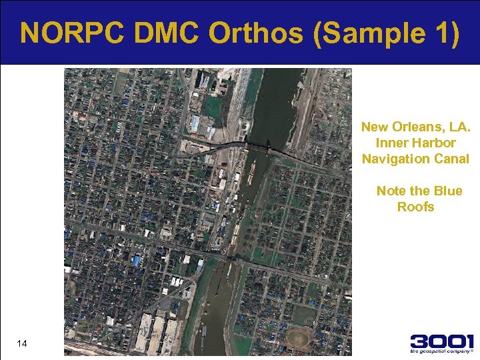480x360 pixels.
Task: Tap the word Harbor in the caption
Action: [434, 143]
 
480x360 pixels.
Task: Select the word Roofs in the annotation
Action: [415, 207]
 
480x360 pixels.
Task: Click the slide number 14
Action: [22, 343]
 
